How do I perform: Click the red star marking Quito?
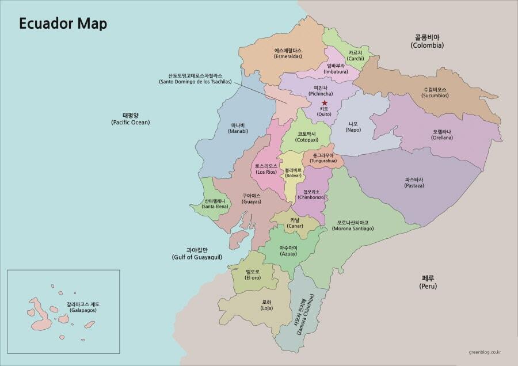325,103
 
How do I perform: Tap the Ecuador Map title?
63,25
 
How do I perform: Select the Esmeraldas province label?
288,54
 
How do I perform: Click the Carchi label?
355,55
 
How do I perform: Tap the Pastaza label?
414,182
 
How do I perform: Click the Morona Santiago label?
353,225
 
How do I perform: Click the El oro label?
253,274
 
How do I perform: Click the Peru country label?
428,282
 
